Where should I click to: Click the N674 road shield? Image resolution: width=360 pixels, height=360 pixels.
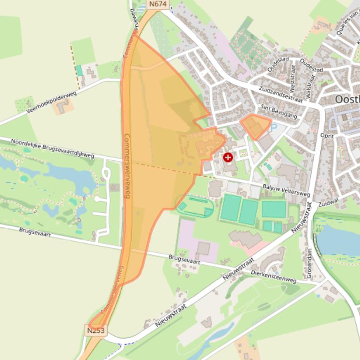(158, 4)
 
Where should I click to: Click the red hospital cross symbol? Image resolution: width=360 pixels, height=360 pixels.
(228, 157)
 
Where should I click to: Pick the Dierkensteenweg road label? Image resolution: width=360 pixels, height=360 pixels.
(274, 276)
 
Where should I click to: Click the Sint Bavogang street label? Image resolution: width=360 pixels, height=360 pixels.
(279, 112)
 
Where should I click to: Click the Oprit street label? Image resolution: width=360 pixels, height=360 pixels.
(327, 136)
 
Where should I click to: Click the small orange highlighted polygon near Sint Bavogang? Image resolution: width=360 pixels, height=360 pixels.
(256, 125)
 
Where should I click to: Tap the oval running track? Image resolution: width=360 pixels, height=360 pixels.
(195, 206)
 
